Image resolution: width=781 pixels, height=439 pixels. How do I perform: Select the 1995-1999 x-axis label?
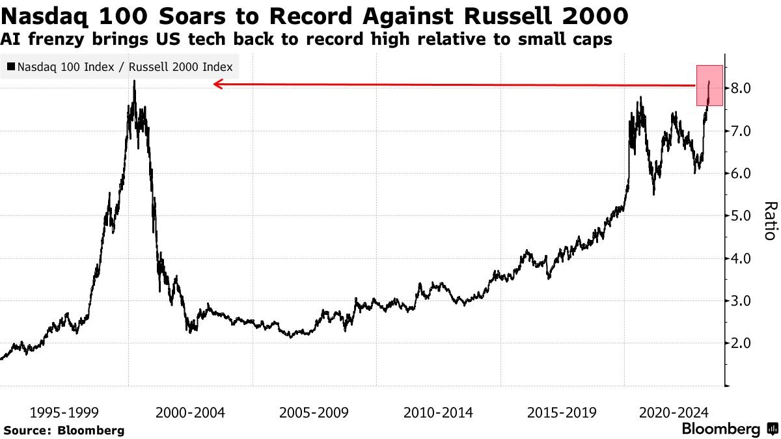point(64,412)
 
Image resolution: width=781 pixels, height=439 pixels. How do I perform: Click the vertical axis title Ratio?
point(770,220)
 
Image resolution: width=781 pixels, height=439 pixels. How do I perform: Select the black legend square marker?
point(11,66)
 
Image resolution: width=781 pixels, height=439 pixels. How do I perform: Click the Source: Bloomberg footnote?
point(64,431)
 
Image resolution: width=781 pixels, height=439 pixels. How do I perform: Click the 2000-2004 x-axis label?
point(190,412)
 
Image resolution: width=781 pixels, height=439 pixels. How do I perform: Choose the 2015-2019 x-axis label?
point(562,412)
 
